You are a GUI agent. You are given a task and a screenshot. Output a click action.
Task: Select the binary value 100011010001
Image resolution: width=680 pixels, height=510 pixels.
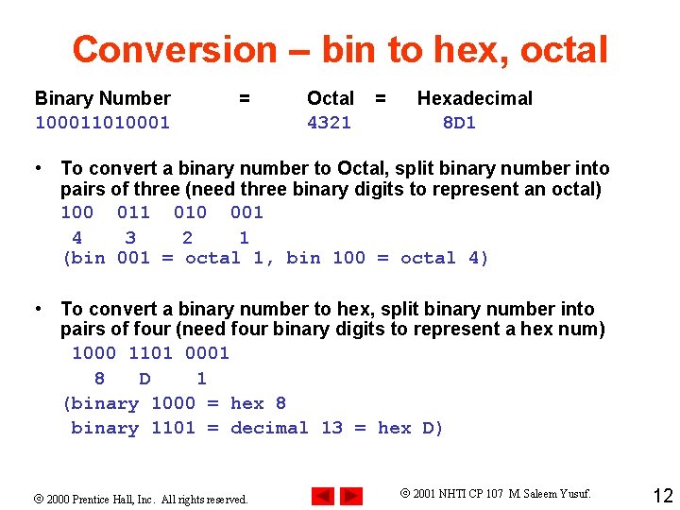[102, 122]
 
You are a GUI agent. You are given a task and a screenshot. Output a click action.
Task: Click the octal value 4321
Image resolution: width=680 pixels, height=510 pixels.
[329, 122]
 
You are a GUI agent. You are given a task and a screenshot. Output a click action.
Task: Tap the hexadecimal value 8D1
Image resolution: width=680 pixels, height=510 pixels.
[459, 122]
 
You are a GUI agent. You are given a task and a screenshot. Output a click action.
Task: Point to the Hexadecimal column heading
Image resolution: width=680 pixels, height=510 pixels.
[474, 98]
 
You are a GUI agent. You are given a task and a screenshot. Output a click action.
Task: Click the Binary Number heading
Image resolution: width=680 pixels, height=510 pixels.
[102, 98]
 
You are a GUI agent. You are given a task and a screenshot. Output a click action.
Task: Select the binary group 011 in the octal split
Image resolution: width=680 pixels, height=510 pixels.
[133, 212]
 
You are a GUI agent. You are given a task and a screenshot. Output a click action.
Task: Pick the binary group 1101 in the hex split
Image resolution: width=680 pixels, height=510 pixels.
[150, 353]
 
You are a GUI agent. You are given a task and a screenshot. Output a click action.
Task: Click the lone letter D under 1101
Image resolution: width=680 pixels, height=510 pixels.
[144, 379]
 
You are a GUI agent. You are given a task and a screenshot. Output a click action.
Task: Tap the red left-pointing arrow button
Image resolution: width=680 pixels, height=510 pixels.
[323, 496]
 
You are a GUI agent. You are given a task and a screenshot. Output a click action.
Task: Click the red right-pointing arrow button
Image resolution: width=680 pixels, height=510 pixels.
[351, 496]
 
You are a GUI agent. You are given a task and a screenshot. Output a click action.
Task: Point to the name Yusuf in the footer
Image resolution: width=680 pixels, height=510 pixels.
[572, 494]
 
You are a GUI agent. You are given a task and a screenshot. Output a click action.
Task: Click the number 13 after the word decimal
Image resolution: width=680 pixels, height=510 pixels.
[331, 428]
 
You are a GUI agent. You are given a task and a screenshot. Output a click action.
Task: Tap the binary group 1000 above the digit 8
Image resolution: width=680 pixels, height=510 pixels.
[93, 353]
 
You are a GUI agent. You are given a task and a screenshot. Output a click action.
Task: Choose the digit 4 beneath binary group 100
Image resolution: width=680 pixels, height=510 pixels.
[76, 238]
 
